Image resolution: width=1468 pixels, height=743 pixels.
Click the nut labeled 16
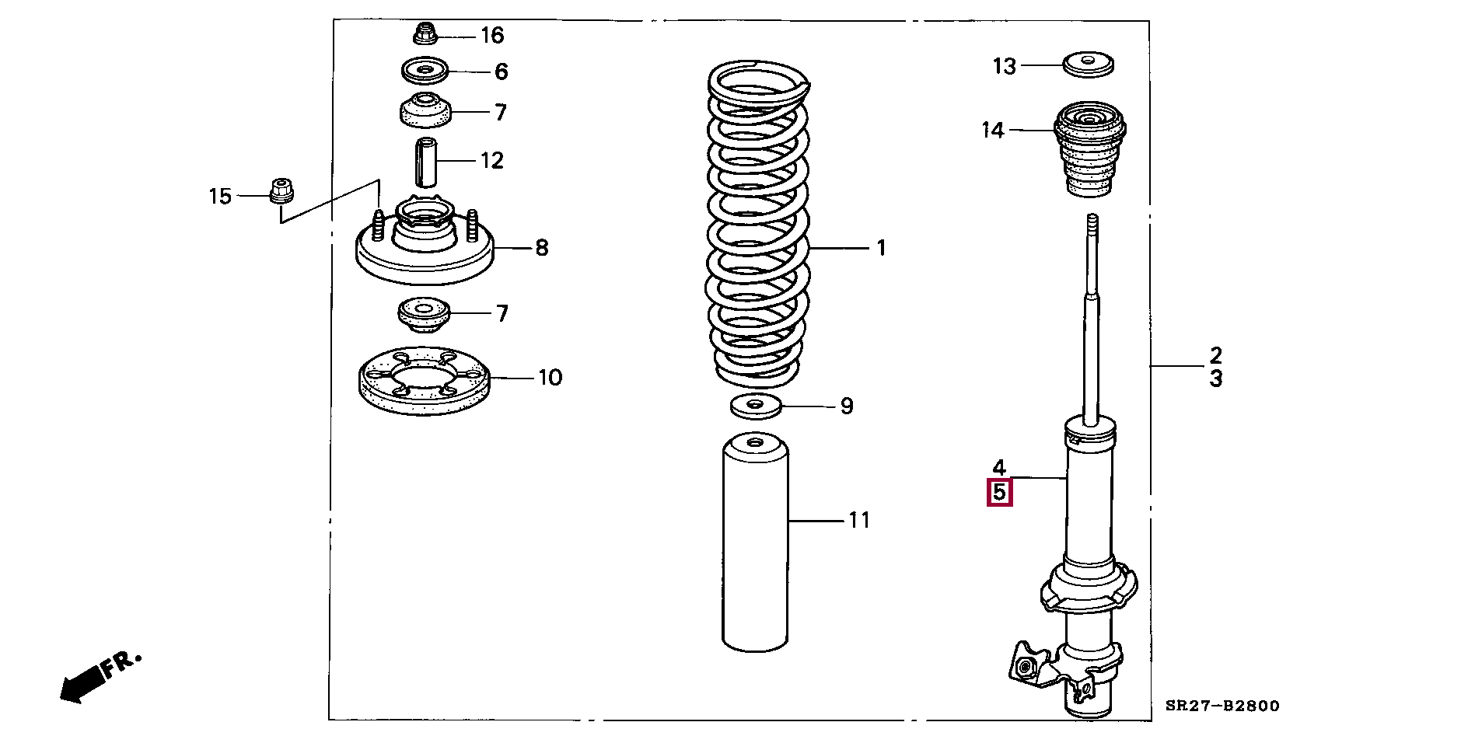coord(424,34)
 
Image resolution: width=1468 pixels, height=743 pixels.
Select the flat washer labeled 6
coord(425,72)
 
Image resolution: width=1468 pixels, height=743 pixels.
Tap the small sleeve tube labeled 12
coord(425,162)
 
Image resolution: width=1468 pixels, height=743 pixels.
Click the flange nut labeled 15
coord(281,190)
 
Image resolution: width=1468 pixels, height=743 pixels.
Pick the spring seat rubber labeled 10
coord(424,381)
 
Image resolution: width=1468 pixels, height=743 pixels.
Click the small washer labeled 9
coord(756,405)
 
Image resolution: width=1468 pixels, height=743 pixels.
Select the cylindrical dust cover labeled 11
coord(755,544)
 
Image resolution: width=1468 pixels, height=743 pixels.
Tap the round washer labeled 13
coord(1088,64)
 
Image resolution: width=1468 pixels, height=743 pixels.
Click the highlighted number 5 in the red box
coord(999,493)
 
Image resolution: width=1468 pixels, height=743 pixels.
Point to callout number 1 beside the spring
coord(881,248)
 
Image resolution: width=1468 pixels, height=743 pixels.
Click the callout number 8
coord(542,248)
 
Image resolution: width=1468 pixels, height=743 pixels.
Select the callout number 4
coord(999,467)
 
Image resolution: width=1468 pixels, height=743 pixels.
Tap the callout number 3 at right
coord(1215,379)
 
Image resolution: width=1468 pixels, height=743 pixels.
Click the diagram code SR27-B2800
coord(1222,706)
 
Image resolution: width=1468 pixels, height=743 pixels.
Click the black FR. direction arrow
coord(82,683)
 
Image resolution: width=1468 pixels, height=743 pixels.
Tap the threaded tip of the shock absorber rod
coord(1092,225)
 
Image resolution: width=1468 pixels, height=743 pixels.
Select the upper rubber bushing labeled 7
coord(425,111)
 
